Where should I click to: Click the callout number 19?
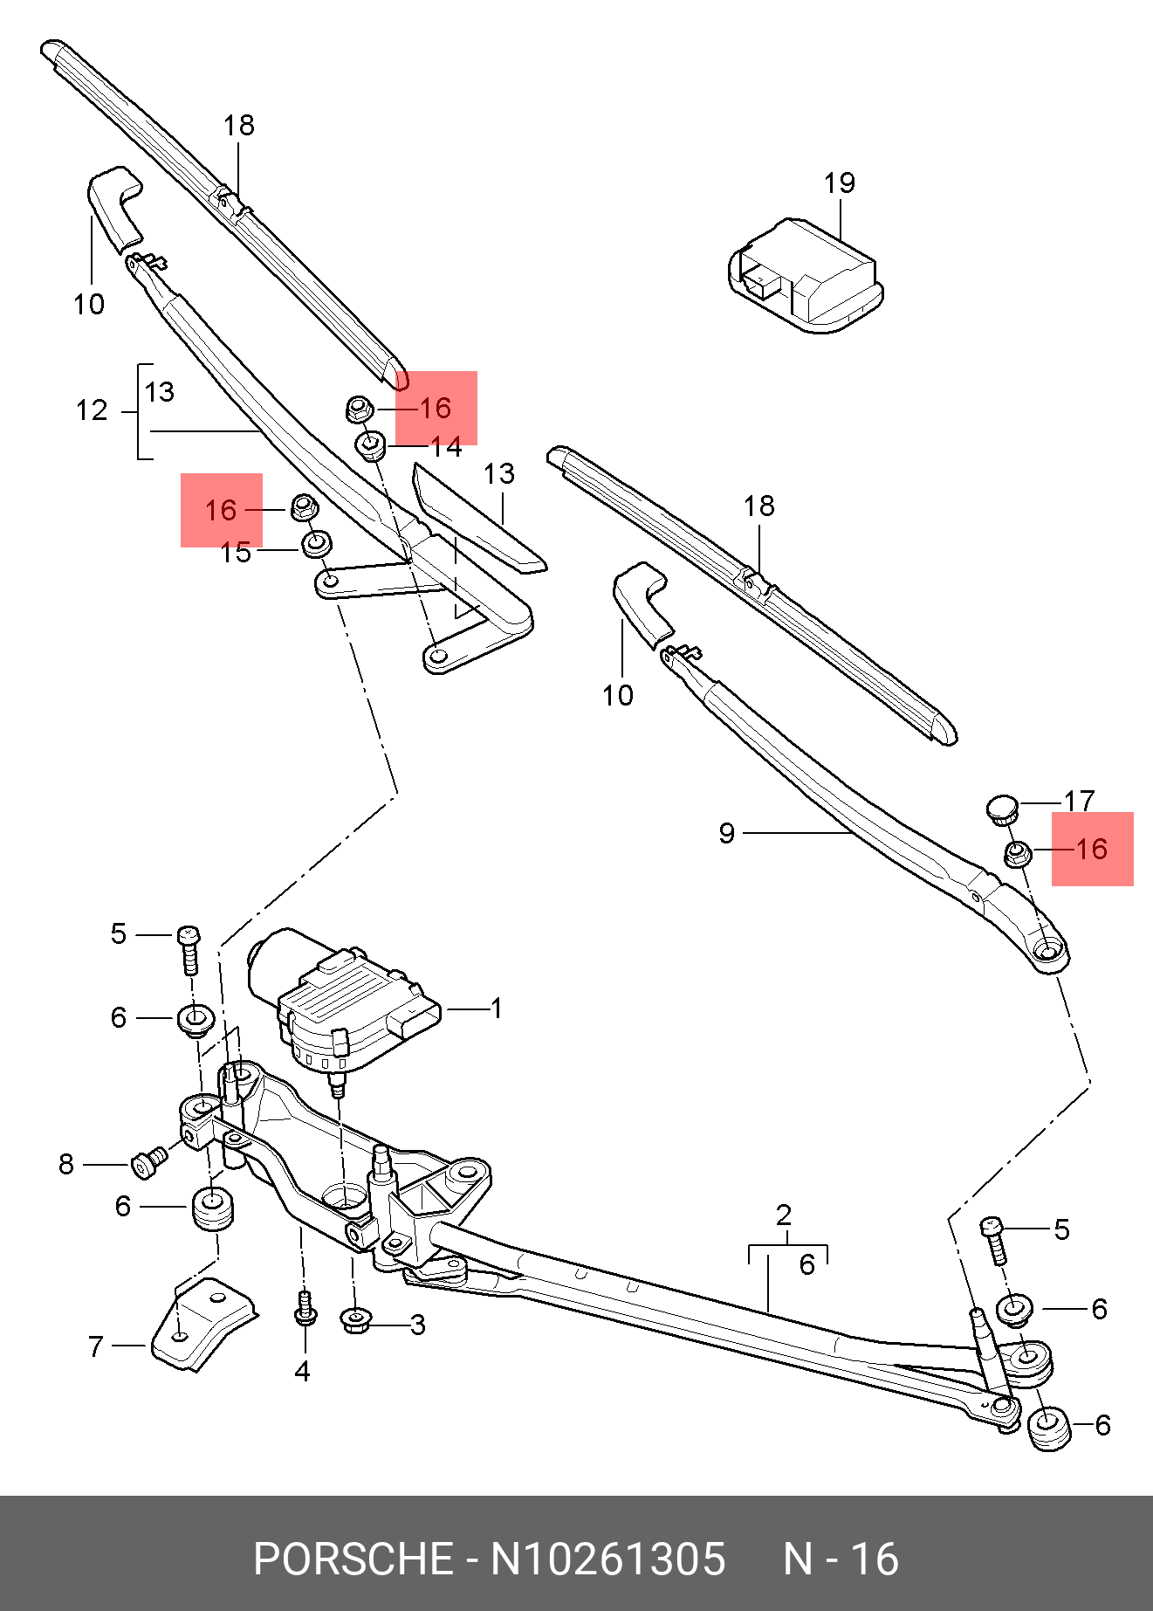pos(840,183)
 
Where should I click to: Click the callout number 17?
pos(1079,801)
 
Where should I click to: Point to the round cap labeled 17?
pos(1003,809)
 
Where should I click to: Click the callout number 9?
pos(727,833)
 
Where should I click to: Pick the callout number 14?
pos(446,447)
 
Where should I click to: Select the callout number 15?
pos(236,553)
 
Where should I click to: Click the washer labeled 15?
pos(316,544)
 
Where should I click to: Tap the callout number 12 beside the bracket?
pos(92,410)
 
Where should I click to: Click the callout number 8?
pos(66,1164)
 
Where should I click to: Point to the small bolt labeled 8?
pos(149,1161)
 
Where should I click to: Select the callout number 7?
pos(96,1346)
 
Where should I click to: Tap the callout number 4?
pos(302,1372)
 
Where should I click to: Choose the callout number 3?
pos(418,1325)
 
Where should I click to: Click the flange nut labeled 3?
pos(355,1319)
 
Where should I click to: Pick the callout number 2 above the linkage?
pos(784,1215)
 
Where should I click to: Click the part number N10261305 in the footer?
pos(607,1559)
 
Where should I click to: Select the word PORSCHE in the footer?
pos(353,1559)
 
